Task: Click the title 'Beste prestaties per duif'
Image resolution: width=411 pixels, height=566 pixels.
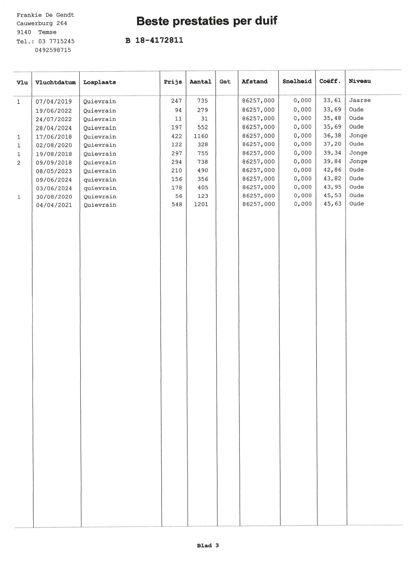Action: (x=207, y=21)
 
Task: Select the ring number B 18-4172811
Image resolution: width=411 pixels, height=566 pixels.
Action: (x=154, y=40)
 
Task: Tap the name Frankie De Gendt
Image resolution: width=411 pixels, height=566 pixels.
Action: (x=45, y=15)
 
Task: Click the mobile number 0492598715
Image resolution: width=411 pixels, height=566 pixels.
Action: (x=53, y=50)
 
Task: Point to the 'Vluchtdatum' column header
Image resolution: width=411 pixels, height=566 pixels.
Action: (x=55, y=82)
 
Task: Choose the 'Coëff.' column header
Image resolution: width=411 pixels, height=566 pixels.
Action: (x=330, y=81)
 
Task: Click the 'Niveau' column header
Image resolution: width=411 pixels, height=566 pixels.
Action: (x=360, y=81)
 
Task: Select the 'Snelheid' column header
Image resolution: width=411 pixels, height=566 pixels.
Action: (x=297, y=81)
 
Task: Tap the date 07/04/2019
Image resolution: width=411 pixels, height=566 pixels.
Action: (x=54, y=101)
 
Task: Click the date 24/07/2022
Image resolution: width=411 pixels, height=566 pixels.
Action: (x=54, y=119)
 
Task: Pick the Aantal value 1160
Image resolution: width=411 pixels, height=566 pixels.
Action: (x=201, y=136)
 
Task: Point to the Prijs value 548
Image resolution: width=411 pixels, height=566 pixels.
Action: (x=177, y=204)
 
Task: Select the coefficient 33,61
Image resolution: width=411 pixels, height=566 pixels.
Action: (x=332, y=100)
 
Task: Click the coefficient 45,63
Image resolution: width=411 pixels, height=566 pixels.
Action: (x=332, y=204)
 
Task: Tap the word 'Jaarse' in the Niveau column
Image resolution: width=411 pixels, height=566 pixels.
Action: (x=360, y=100)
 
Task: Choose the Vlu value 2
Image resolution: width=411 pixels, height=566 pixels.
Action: (x=19, y=163)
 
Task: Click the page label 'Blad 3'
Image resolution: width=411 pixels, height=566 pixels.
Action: (x=208, y=545)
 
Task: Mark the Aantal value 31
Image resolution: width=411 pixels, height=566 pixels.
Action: (x=204, y=118)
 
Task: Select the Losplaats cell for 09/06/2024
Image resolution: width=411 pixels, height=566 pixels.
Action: (x=100, y=180)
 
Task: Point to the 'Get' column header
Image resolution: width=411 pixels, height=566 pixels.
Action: (x=225, y=81)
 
